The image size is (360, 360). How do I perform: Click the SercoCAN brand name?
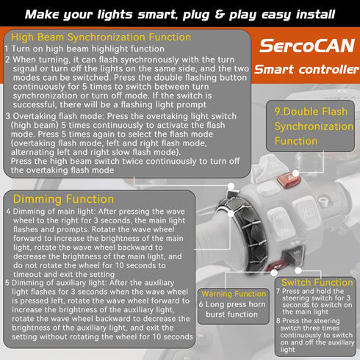click(307, 46)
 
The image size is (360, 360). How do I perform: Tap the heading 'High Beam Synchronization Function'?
click(101, 37)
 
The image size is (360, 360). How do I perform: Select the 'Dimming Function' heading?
click(63, 199)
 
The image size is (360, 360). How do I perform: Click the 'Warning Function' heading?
click(234, 294)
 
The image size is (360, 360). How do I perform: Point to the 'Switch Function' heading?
click(317, 283)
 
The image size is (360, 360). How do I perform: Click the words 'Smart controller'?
click(306, 69)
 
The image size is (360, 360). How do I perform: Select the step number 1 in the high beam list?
click(7, 48)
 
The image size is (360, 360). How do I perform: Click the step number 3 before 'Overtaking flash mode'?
click(8, 116)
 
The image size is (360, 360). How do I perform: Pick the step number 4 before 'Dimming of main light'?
click(8, 212)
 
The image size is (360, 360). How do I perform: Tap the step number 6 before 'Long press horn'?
click(201, 304)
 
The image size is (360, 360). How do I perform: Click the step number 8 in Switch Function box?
click(278, 321)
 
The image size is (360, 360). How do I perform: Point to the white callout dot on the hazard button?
click(295, 173)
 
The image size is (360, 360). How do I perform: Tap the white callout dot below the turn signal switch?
click(298, 270)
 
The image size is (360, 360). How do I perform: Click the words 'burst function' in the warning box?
click(231, 314)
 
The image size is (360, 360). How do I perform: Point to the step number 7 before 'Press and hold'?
click(278, 291)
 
